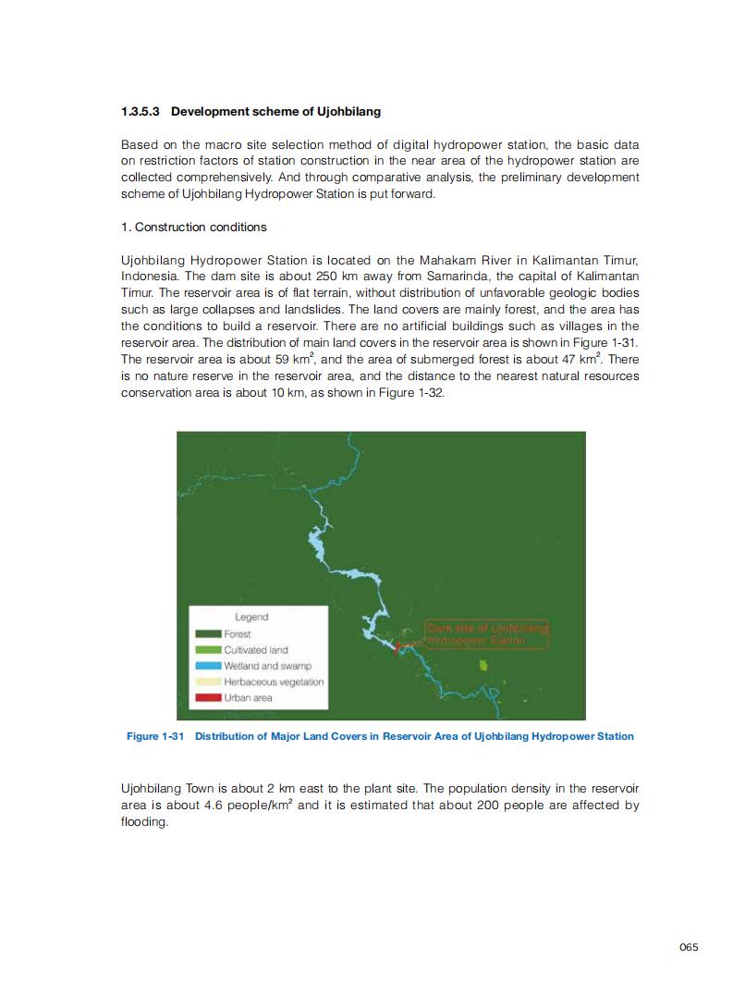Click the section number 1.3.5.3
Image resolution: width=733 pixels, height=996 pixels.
point(140,112)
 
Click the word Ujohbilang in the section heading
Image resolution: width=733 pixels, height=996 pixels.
point(349,112)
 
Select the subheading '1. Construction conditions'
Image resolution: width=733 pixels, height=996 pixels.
point(193,227)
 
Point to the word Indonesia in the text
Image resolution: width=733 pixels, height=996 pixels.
point(148,277)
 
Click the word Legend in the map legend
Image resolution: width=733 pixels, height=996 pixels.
point(251,617)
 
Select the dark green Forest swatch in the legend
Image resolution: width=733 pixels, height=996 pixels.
point(208,634)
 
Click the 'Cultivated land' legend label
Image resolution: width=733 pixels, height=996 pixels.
point(256,650)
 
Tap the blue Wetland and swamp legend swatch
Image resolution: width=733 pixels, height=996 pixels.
point(208,666)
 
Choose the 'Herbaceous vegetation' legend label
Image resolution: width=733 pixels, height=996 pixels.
point(274,682)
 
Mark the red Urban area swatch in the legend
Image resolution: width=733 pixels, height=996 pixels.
point(208,697)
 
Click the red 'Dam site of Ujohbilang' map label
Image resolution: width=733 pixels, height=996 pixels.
point(486,629)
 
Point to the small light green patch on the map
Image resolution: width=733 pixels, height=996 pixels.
point(483,665)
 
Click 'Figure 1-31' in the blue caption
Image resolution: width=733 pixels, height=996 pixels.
point(156,737)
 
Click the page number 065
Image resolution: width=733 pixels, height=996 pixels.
point(688,947)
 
